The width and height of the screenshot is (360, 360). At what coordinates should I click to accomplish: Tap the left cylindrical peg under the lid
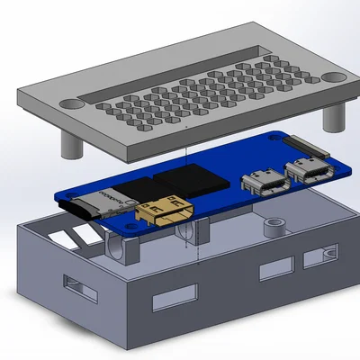coord(70,143)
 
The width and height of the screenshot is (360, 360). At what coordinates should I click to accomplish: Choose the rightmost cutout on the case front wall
coord(316,259)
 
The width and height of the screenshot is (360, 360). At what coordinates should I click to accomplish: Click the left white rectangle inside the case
coord(63,238)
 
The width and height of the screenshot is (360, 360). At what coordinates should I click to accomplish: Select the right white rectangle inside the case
coord(85,232)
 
